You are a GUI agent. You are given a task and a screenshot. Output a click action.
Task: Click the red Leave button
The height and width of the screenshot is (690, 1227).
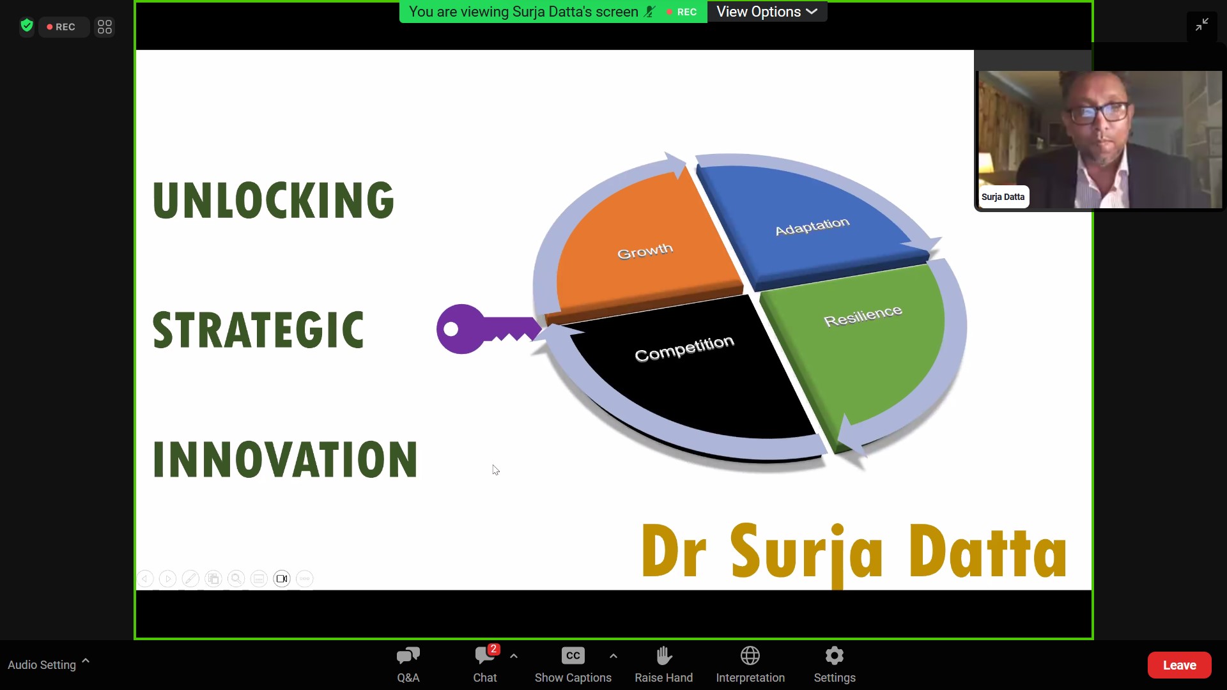(x=1179, y=665)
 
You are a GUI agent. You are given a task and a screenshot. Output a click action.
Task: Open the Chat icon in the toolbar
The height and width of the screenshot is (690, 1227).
(x=485, y=655)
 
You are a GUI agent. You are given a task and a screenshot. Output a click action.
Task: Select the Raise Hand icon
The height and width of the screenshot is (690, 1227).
(x=664, y=655)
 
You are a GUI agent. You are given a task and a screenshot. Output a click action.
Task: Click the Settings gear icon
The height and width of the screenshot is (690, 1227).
(x=835, y=655)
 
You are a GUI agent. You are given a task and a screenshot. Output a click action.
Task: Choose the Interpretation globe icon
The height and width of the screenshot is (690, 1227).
(x=750, y=655)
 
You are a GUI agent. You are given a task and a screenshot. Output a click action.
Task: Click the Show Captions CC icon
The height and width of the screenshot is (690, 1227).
(x=573, y=655)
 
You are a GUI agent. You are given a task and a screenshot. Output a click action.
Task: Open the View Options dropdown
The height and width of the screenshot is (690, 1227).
(x=767, y=11)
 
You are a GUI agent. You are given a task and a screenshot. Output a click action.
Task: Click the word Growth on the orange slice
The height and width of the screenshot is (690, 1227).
(x=645, y=251)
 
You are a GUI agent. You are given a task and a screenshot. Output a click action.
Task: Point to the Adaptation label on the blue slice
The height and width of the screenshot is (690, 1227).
(x=812, y=226)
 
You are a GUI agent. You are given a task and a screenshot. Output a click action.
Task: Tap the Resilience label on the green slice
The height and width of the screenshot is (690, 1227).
(x=863, y=316)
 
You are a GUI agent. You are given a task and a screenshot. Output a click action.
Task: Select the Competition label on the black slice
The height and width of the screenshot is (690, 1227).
(x=684, y=348)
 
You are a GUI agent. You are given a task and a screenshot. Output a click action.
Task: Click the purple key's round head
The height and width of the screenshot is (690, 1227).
(x=459, y=329)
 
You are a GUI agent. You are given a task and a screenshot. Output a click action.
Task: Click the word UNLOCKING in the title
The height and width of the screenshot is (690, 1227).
(x=274, y=200)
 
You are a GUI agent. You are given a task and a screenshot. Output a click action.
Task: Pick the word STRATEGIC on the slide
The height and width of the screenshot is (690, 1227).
(x=258, y=330)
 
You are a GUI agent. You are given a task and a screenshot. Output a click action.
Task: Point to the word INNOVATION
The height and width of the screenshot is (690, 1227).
(x=285, y=459)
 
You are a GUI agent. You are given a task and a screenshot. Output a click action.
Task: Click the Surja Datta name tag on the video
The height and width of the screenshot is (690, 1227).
(x=1003, y=197)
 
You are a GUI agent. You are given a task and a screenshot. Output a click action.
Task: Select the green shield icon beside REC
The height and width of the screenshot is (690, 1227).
(x=26, y=26)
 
